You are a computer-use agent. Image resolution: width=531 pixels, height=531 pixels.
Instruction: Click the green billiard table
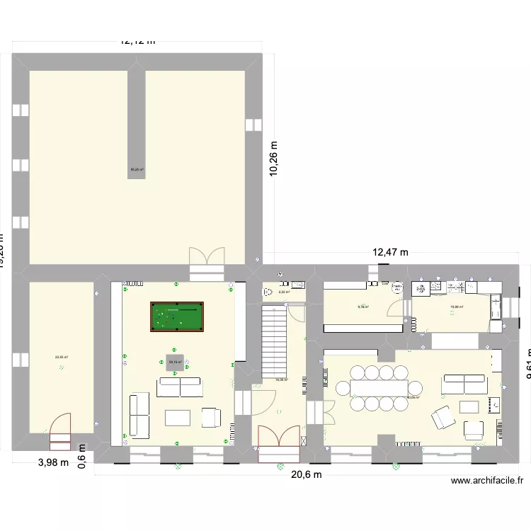[176, 316]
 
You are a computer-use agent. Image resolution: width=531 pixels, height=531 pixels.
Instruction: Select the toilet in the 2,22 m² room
[268, 290]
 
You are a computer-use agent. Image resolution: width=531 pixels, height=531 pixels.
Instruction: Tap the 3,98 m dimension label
[54, 462]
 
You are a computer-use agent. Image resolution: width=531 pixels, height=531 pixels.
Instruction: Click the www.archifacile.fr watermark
[487, 480]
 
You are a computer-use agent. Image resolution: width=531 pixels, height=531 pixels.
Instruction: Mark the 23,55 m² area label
[61, 358]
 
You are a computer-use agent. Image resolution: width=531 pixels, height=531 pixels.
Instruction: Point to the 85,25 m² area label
[137, 169]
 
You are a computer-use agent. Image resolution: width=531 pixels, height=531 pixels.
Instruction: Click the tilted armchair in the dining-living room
[444, 418]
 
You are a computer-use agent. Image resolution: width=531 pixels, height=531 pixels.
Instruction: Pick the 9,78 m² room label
[363, 307]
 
